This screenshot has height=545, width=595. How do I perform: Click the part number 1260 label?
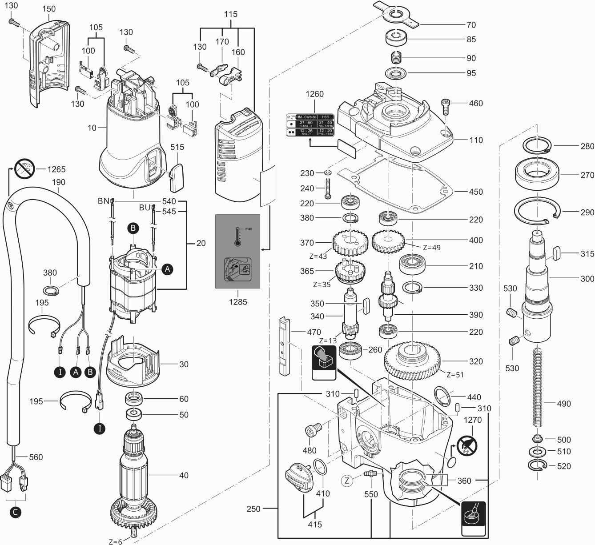point(314,94)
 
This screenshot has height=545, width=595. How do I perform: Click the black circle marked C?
point(16,512)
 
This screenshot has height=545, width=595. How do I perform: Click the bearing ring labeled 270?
point(537,175)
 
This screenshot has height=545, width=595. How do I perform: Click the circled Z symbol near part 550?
point(347,480)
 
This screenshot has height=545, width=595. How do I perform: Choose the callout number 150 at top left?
point(49,8)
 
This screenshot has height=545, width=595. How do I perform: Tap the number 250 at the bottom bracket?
point(253,509)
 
